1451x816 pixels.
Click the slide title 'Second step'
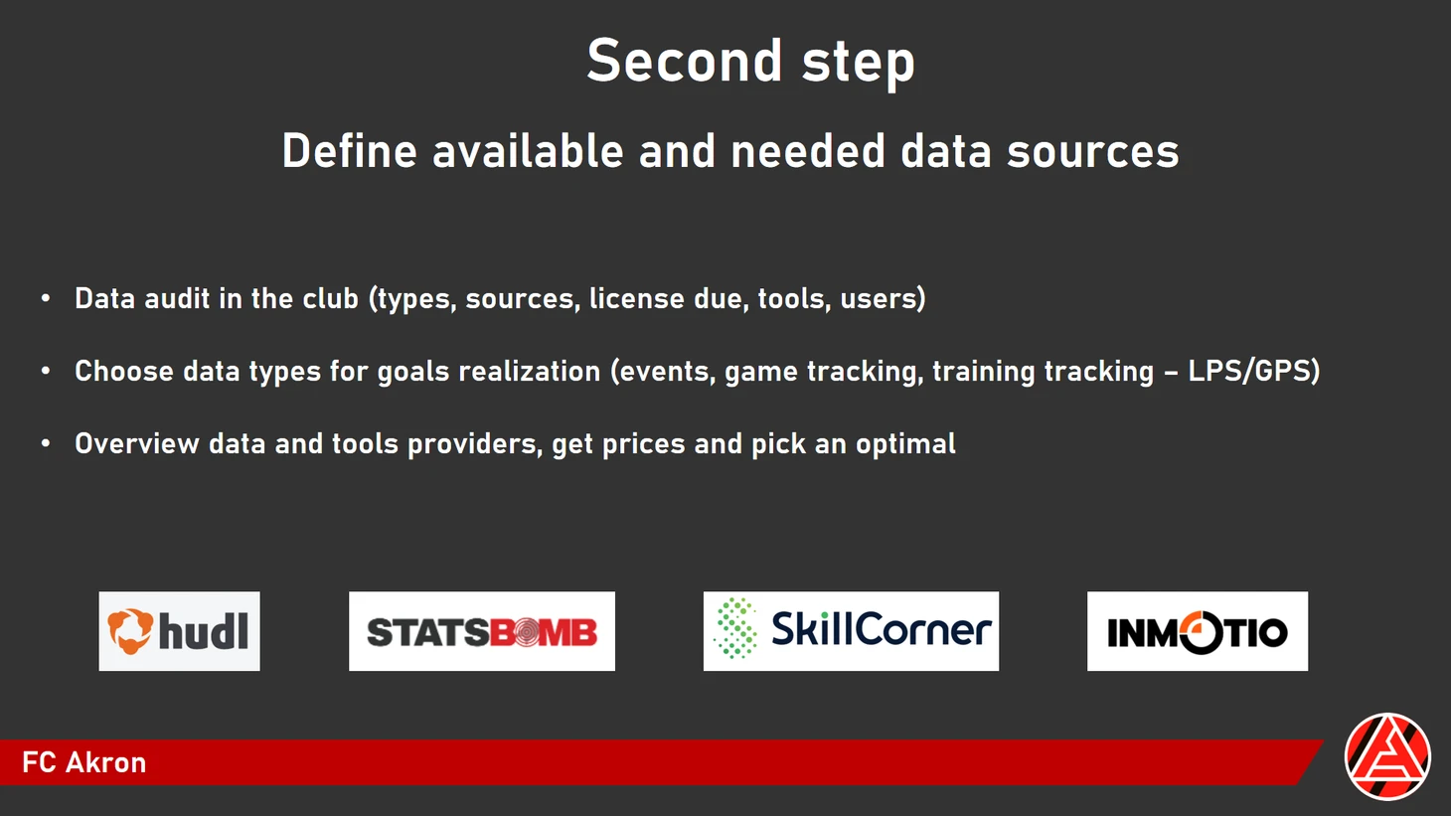[x=750, y=61]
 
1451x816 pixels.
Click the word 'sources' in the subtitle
[x=1093, y=151]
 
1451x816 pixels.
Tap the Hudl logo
[x=180, y=631]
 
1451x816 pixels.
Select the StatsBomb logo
[x=482, y=631]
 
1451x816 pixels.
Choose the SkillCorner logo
[x=851, y=631]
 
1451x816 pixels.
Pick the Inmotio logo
[x=1198, y=631]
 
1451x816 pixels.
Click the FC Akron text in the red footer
[x=84, y=762]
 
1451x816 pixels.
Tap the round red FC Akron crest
[x=1387, y=756]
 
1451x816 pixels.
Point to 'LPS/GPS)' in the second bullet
[x=1254, y=371]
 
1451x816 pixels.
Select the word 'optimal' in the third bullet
[x=905, y=444]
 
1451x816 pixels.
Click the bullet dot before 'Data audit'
[x=46, y=298]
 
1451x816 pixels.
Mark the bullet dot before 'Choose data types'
[x=46, y=371]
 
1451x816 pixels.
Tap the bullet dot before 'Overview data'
[x=46, y=443]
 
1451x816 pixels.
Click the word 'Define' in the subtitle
[x=350, y=151]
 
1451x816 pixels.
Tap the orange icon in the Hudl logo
[x=130, y=631]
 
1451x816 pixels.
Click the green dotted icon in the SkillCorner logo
[x=735, y=629]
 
